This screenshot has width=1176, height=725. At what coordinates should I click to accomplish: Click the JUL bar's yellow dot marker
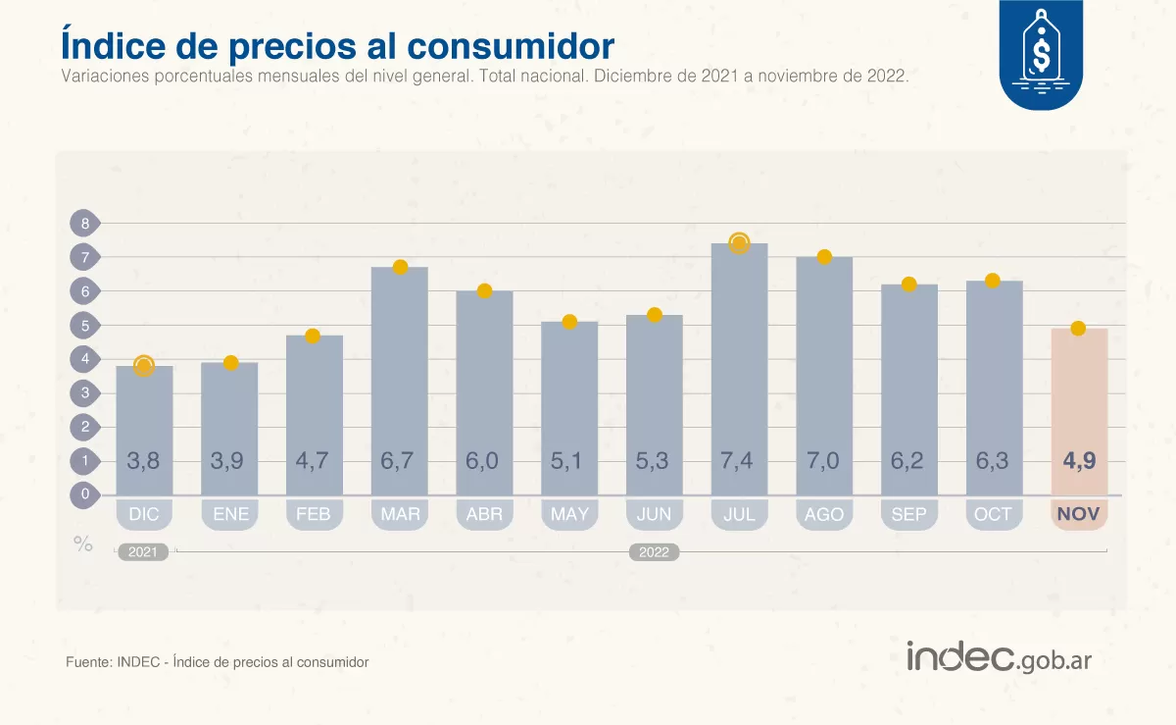click(x=739, y=243)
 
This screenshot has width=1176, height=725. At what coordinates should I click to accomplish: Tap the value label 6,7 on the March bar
click(x=400, y=460)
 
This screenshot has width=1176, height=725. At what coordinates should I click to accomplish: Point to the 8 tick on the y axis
click(x=85, y=224)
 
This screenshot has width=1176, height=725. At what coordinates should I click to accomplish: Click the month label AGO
click(x=824, y=514)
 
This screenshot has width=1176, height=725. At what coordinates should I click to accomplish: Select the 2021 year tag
click(x=143, y=552)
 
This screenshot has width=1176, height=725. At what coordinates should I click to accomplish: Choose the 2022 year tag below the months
click(x=654, y=552)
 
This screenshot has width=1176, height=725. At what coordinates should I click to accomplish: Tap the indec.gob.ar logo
click(x=999, y=657)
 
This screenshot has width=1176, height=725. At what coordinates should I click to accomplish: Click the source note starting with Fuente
click(x=218, y=662)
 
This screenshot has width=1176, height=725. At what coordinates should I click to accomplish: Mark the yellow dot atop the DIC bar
click(x=144, y=366)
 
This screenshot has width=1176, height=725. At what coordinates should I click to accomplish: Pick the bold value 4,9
click(x=1079, y=460)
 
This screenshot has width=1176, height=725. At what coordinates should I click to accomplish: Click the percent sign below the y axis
click(x=83, y=544)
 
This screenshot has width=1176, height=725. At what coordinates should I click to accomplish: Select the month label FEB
click(x=314, y=514)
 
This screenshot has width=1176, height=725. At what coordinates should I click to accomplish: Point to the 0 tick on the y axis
click(x=85, y=494)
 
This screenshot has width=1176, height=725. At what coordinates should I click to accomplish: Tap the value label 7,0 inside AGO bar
click(x=824, y=460)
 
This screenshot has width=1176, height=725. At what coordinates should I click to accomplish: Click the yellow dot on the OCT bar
click(x=993, y=281)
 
